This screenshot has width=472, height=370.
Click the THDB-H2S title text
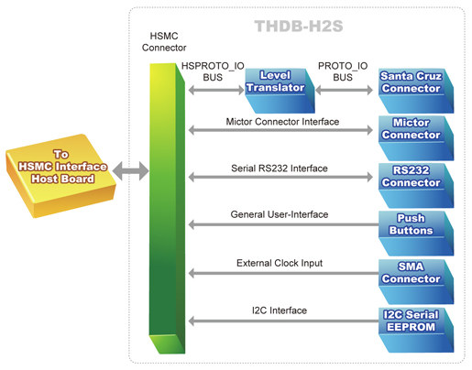click(299, 26)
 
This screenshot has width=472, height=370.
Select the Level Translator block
click(280, 91)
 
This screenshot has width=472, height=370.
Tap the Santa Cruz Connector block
click(416, 91)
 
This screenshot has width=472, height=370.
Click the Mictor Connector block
click(416, 138)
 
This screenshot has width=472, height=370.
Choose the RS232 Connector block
click(416, 186)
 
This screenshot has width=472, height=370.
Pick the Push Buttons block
click(416, 234)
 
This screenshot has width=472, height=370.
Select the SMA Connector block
click(416, 281)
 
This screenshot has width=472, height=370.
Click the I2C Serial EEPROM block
click(416, 330)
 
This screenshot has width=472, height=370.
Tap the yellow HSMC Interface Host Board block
click(60, 176)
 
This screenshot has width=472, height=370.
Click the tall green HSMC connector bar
click(167, 209)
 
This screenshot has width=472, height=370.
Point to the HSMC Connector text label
click(164, 42)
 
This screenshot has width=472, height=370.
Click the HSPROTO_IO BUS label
click(213, 71)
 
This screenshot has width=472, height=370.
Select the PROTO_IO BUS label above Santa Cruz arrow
click(343, 71)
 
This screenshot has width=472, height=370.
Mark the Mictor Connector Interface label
click(282, 122)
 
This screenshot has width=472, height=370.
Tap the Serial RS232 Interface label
click(280, 169)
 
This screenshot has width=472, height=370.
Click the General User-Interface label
click(280, 214)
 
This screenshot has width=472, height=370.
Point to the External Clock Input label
click(280, 263)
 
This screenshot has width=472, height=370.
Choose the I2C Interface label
click(280, 310)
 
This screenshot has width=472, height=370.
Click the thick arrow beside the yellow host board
click(131, 171)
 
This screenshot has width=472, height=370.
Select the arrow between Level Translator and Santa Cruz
click(344, 90)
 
